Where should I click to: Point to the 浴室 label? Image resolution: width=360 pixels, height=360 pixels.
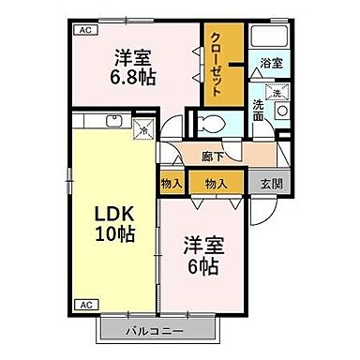[271, 62]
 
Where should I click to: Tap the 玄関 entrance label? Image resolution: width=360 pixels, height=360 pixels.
[270, 182]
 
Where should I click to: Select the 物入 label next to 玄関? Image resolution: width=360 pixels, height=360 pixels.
[216, 182]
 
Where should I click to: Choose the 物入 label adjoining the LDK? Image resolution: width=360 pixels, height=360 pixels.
[171, 182]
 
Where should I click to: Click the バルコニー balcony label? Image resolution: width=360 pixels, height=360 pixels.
[160, 330]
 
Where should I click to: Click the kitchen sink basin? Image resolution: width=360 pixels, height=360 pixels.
[113, 120]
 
